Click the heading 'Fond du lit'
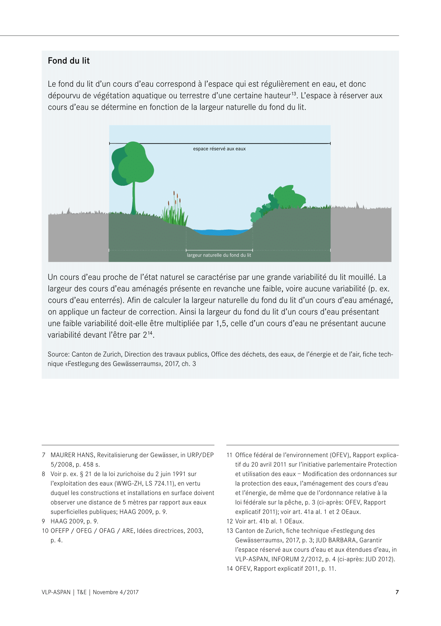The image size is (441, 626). (68, 61)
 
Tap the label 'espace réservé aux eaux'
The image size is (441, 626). (219, 149)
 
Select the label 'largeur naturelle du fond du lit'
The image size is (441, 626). (219, 255)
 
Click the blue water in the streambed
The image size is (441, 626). (221, 232)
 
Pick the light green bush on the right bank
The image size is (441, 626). (290, 196)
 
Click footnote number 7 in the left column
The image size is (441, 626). (43, 455)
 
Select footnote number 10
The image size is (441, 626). (45, 531)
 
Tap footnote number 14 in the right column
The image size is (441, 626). (230, 568)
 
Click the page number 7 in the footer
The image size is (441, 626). (397, 592)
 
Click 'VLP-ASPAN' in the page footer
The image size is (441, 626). (56, 592)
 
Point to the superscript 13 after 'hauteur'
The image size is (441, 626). (293, 93)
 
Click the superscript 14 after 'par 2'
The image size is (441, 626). (150, 333)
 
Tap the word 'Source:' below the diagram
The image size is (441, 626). (59, 354)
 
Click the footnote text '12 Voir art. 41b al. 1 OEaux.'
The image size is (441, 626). (265, 521)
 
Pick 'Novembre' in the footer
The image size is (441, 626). (105, 592)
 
